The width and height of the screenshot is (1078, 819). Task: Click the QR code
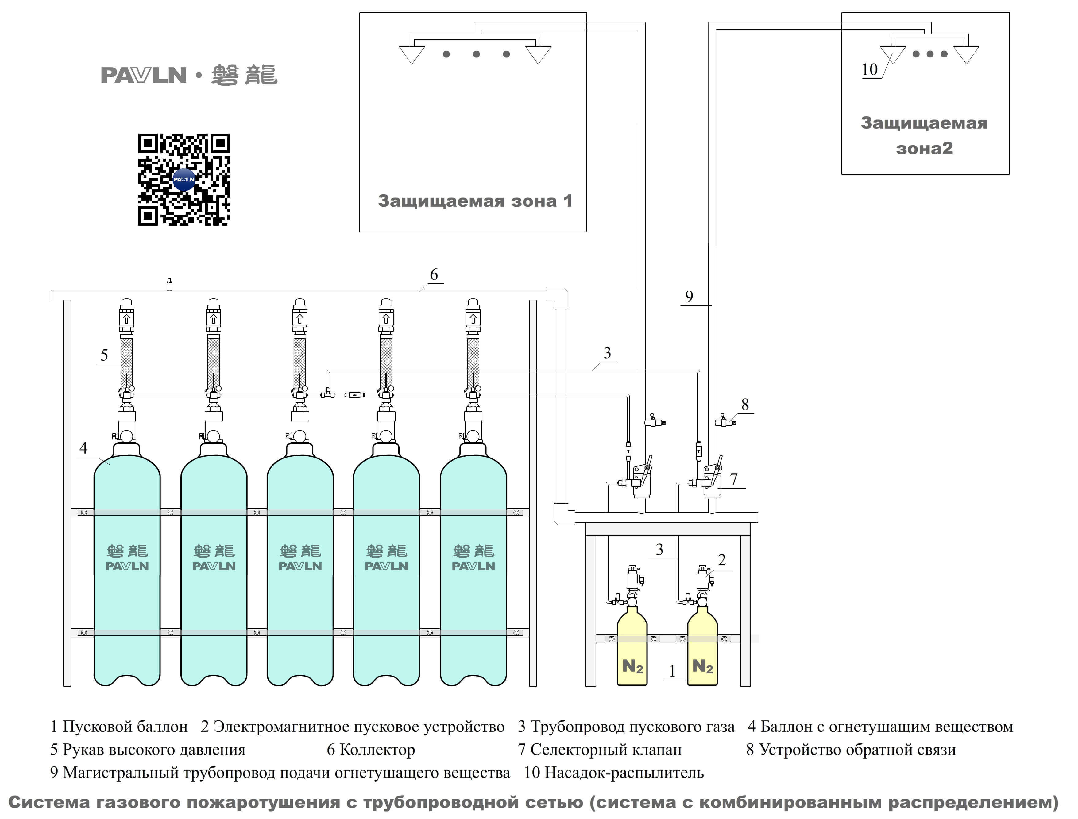pyautogui.click(x=184, y=180)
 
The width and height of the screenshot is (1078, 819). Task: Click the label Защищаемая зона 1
pyautogui.click(x=475, y=201)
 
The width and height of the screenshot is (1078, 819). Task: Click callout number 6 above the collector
pyautogui.click(x=434, y=275)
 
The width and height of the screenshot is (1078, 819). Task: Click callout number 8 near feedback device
pyautogui.click(x=745, y=404)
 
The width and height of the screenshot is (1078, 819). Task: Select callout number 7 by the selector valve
pyautogui.click(x=734, y=479)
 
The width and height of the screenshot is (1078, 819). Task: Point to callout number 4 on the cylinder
pyautogui.click(x=83, y=448)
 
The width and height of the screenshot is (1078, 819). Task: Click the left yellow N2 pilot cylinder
pyautogui.click(x=632, y=651)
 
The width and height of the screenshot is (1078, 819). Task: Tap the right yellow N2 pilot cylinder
pyautogui.click(x=702, y=651)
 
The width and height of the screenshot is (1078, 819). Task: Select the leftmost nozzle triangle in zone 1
pyautogui.click(x=412, y=54)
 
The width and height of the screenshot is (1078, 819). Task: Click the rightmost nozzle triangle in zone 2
pyautogui.click(x=966, y=54)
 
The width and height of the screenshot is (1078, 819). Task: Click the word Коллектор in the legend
pyautogui.click(x=377, y=750)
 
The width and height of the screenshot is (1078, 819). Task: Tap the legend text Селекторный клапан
pyautogui.click(x=606, y=750)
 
